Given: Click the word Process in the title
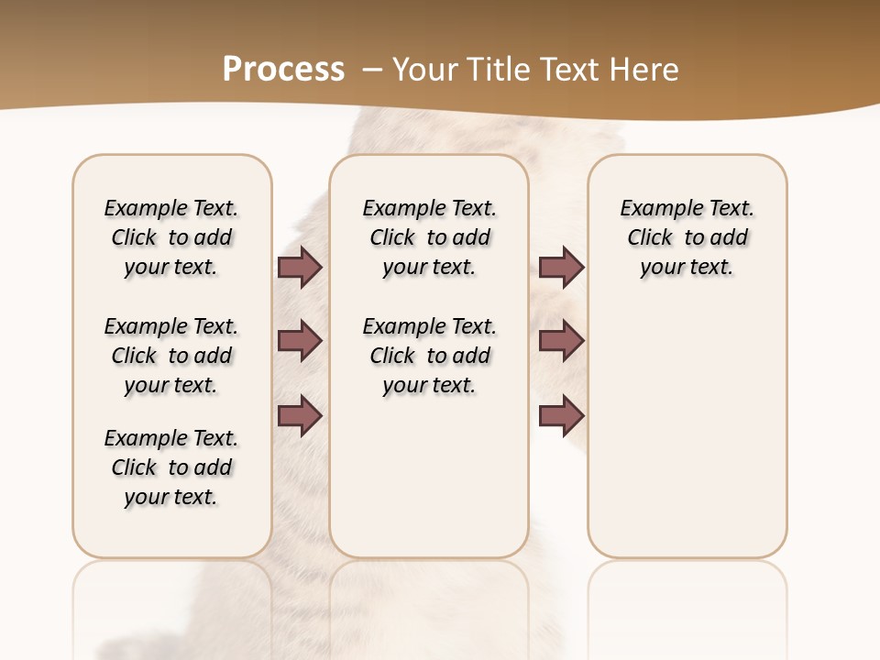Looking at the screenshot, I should pyautogui.click(x=283, y=70).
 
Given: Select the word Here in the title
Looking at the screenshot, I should pyautogui.click(x=645, y=70).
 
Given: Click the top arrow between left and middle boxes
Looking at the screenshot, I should pyautogui.click(x=300, y=268).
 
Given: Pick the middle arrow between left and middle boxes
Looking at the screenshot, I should pyautogui.click(x=300, y=342).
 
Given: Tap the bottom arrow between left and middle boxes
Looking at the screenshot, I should pyautogui.click(x=300, y=415).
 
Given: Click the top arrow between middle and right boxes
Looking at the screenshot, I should pyautogui.click(x=561, y=268).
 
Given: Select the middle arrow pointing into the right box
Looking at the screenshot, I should pyautogui.click(x=561, y=342).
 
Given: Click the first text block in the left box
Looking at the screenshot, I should pyautogui.click(x=171, y=237).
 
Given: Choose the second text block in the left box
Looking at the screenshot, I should pyautogui.click(x=171, y=356).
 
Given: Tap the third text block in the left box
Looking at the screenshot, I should pyautogui.click(x=171, y=467).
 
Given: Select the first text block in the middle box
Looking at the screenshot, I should pyautogui.click(x=429, y=237).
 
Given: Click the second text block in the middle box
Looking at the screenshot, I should pyautogui.click(x=429, y=356).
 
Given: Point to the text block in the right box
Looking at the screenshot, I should pyautogui.click(x=687, y=237).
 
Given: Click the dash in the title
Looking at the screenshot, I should pyautogui.click(x=373, y=70).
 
